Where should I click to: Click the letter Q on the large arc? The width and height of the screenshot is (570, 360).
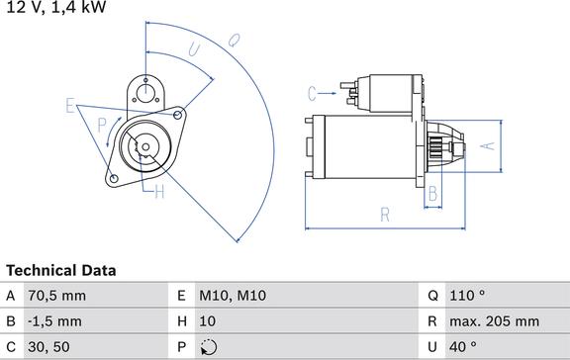(x=235, y=40)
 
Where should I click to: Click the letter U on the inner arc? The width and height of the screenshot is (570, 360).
(x=195, y=49)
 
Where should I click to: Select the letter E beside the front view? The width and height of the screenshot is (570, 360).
(x=70, y=106)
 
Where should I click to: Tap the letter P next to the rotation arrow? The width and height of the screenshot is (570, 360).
(x=102, y=126)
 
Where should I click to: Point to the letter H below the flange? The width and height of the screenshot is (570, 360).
(x=159, y=192)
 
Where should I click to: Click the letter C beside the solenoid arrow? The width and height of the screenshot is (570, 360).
(x=312, y=94)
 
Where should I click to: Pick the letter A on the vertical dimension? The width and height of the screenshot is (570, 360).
(x=488, y=146)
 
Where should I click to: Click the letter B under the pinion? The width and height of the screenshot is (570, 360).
(x=432, y=193)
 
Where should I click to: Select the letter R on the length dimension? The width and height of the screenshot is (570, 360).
(x=385, y=215)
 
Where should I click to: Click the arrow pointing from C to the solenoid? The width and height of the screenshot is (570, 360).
(x=328, y=94)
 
